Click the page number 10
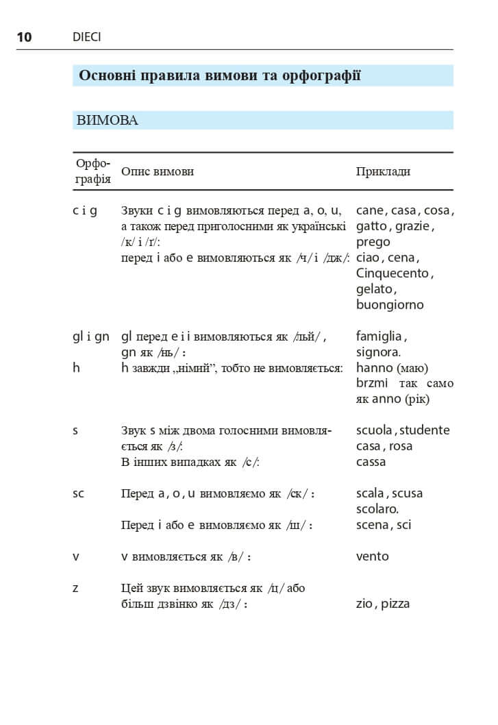(x=24, y=37)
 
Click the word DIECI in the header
(x=86, y=37)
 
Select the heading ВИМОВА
(x=108, y=121)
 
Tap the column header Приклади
(x=383, y=171)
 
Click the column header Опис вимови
(x=157, y=171)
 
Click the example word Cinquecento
(x=393, y=273)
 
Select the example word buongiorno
(x=390, y=305)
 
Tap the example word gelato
(x=374, y=289)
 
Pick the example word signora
(x=377, y=352)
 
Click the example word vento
(x=372, y=556)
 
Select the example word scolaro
(x=377, y=509)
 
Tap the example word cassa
(x=371, y=462)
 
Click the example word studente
(x=424, y=430)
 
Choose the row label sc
(x=78, y=493)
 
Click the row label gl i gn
(x=91, y=336)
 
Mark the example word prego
(x=373, y=242)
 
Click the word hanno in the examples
(x=374, y=368)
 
